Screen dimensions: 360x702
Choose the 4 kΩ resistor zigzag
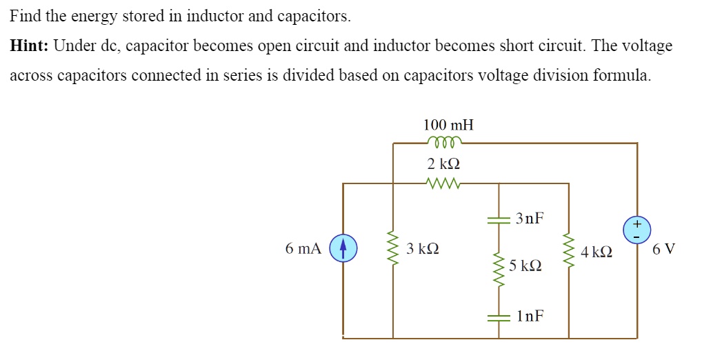point(569,251)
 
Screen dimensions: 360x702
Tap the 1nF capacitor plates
point(499,317)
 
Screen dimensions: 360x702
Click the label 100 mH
point(448,125)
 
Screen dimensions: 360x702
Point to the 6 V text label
point(664,249)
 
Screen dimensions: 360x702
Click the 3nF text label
point(530,219)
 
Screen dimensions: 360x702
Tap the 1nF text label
point(530,317)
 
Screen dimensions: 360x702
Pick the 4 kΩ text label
point(596,252)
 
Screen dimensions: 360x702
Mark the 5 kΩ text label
point(525,266)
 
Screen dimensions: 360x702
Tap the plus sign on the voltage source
point(636,223)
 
